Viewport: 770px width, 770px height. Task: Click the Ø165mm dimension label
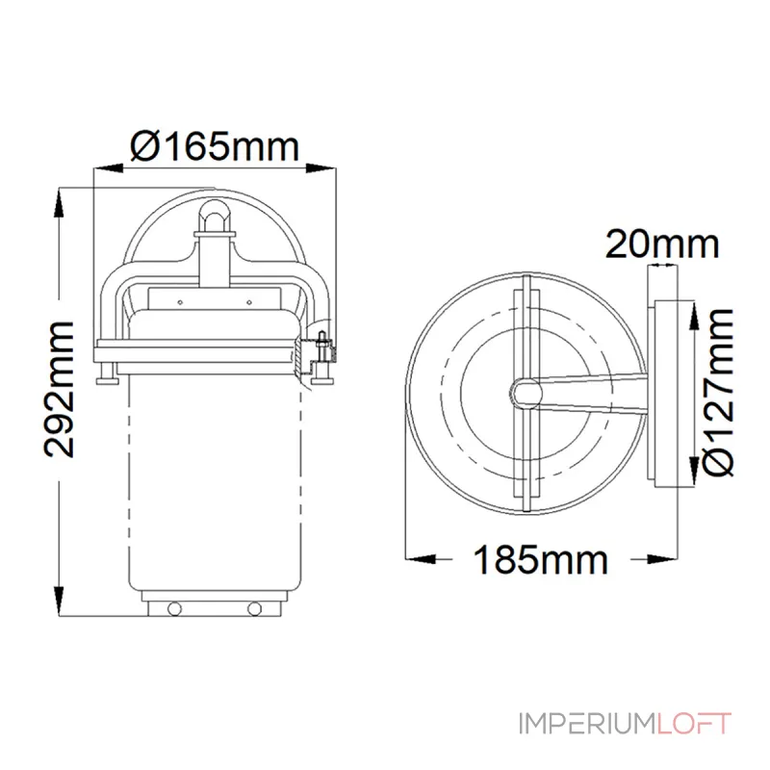[215, 146]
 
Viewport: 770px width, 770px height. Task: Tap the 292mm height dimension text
[60, 390]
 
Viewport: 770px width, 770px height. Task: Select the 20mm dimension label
[662, 244]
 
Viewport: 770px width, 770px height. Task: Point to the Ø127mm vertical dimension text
[718, 393]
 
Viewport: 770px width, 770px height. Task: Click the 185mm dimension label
[540, 560]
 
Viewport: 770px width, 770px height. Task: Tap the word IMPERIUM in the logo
[587, 724]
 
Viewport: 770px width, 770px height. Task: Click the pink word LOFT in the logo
[693, 724]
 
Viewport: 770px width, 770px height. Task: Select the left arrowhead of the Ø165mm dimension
[108, 168]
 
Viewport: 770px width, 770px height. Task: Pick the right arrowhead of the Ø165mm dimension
[321, 168]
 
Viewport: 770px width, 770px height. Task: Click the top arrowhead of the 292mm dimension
[59, 202]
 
